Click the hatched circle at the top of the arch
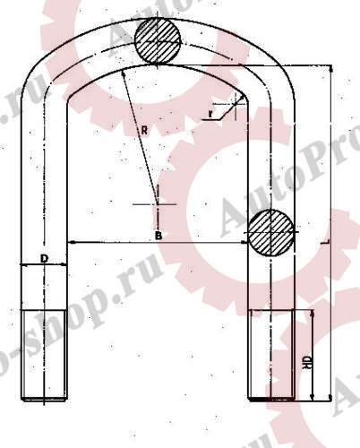(x=158, y=39)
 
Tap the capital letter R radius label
(x=143, y=130)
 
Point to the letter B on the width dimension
(x=158, y=236)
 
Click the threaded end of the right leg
(x=270, y=353)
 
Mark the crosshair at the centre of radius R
(x=157, y=204)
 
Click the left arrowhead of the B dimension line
(x=73, y=242)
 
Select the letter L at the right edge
(x=329, y=242)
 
